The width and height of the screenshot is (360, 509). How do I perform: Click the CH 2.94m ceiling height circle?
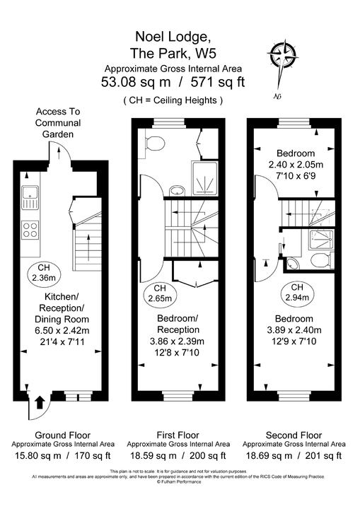(x=298, y=293)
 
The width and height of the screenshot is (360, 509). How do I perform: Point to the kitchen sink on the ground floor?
(x=30, y=197)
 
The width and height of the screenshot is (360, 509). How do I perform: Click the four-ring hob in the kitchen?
(x=31, y=229)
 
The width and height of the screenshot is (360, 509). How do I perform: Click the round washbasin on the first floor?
(x=178, y=189)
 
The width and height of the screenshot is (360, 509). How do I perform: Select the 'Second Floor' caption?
(x=294, y=435)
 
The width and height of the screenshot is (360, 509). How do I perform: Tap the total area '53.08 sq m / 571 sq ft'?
(x=173, y=82)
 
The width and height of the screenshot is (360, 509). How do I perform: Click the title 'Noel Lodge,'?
(x=173, y=36)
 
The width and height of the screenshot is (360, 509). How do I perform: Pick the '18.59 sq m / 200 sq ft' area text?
(x=178, y=456)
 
